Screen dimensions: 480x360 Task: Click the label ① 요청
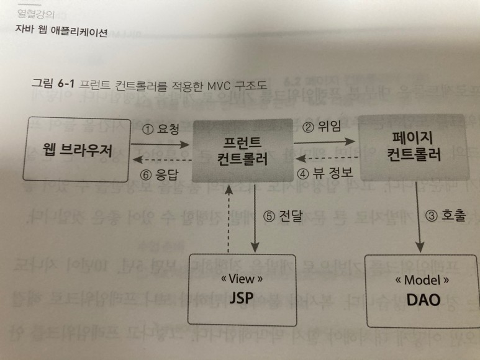coord(161,132)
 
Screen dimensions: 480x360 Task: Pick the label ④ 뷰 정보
coord(325,173)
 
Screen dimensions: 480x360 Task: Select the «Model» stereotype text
coord(422,280)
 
